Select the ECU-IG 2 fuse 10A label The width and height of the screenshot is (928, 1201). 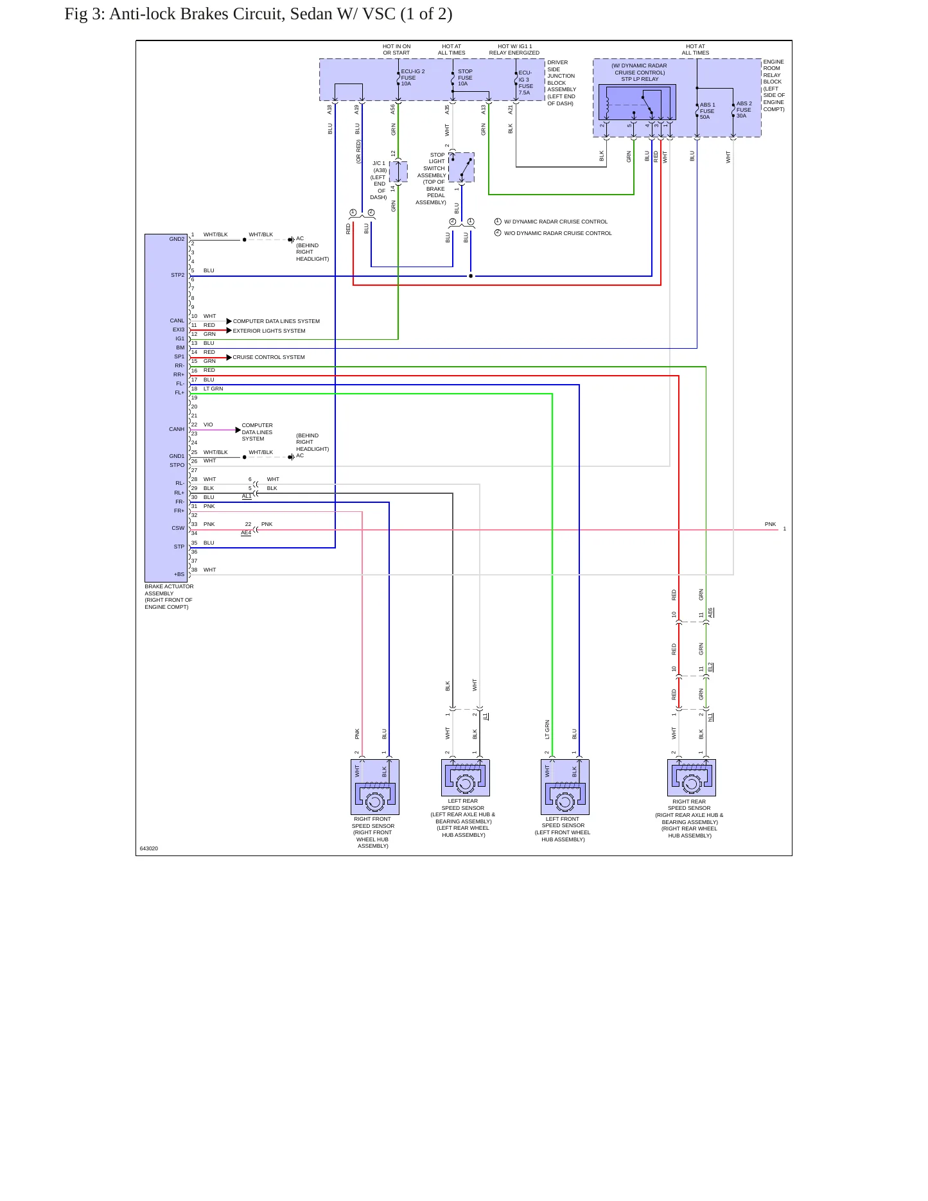pyautogui.click(x=412, y=78)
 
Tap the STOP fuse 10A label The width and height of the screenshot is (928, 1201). pyautogui.click(x=465, y=78)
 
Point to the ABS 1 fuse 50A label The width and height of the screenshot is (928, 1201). pyautogui.click(x=707, y=111)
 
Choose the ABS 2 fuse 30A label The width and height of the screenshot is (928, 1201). pyautogui.click(x=744, y=110)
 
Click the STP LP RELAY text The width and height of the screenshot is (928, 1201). pyautogui.click(x=640, y=80)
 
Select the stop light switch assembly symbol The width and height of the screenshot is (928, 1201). pyautogui.click(x=461, y=167)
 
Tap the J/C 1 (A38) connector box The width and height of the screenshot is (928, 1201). pyautogui.click(x=398, y=171)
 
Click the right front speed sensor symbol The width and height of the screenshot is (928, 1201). pyautogui.click(x=375, y=787)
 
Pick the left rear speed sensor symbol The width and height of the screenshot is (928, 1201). pyautogui.click(x=466, y=778)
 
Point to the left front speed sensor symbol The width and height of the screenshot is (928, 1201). pyautogui.click(x=565, y=787)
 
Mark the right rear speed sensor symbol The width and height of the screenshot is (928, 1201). pyautogui.click(x=692, y=778)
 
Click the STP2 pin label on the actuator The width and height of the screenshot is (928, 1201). pyautogui.click(x=177, y=275)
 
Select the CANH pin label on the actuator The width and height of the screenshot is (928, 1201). pyautogui.click(x=177, y=429)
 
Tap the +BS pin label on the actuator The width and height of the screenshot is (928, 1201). pyautogui.click(x=179, y=574)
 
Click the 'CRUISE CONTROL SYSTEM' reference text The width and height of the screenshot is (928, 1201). pyautogui.click(x=268, y=357)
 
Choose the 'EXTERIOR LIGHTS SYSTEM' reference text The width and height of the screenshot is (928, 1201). pyautogui.click(x=269, y=331)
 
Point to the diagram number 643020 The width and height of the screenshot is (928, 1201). pyautogui.click(x=149, y=848)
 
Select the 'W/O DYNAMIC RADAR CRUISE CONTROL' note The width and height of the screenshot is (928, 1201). pyautogui.click(x=558, y=233)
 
